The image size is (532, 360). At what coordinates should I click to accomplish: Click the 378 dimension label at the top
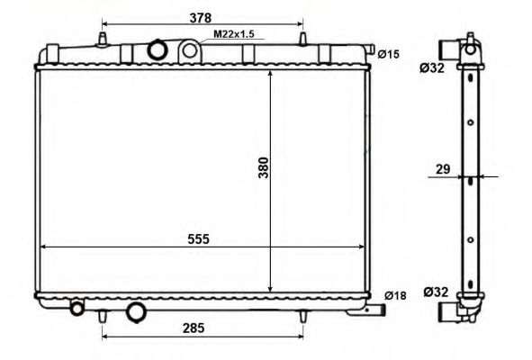pyautogui.click(x=201, y=18)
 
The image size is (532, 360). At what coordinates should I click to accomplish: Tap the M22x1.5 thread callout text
pyautogui.click(x=234, y=34)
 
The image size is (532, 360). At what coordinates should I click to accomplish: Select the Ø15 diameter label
pyautogui.click(x=389, y=54)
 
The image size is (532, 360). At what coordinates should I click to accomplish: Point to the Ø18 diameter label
pyautogui.click(x=395, y=295)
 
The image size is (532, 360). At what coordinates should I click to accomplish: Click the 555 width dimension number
pyautogui.click(x=198, y=239)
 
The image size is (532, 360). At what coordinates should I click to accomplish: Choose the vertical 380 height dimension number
pyautogui.click(x=264, y=167)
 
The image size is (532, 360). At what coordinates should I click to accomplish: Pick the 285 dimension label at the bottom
pyautogui.click(x=194, y=328)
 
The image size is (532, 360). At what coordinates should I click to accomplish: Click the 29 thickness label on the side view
pyautogui.click(x=443, y=169)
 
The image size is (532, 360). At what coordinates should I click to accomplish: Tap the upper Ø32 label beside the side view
pyautogui.click(x=432, y=68)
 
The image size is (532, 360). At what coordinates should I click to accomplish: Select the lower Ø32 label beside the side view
pyautogui.click(x=436, y=292)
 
